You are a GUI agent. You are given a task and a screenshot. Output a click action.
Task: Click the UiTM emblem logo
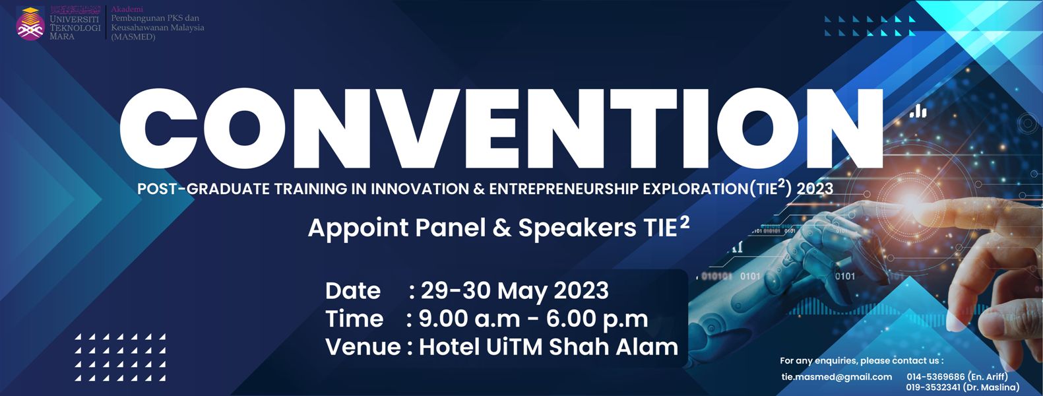[30, 23]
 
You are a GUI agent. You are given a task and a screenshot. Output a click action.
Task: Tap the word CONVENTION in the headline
[501, 128]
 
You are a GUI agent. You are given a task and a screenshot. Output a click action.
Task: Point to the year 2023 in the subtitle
[815, 189]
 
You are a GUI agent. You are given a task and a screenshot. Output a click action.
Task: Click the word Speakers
[577, 228]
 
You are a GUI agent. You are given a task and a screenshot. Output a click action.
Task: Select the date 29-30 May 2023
[515, 290]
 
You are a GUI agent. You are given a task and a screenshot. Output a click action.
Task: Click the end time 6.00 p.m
[597, 319]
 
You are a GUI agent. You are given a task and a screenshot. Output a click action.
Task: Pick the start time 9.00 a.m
[469, 319]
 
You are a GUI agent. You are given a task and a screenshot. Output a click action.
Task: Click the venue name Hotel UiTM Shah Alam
[548, 347]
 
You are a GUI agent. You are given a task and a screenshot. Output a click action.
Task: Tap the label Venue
[363, 347]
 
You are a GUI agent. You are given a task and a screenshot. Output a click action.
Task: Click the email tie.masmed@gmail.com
[837, 377]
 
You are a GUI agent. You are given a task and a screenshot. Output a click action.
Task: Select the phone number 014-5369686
[935, 376]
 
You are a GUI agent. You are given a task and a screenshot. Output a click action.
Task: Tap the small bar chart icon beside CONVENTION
[918, 112]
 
